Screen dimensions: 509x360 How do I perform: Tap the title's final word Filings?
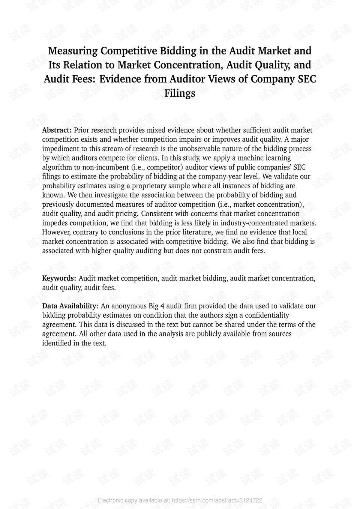coord(180,93)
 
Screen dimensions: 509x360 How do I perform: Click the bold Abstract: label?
coord(57,130)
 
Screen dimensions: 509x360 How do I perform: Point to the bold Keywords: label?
coord(59,278)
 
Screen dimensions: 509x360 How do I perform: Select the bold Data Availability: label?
coord(70,306)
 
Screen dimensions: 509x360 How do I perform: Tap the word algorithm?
coord(57,167)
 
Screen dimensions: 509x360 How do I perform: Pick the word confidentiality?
coord(265,315)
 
